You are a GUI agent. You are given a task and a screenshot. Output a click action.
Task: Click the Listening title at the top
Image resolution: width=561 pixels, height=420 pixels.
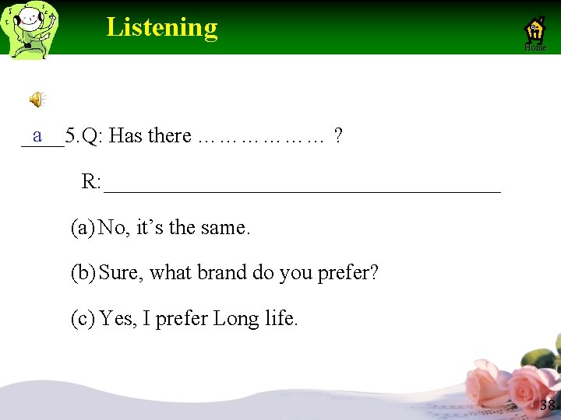162,27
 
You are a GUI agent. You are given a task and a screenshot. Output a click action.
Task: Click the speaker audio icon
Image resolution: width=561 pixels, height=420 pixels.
37,99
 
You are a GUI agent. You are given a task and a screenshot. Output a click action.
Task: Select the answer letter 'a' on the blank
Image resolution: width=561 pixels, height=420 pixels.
37,135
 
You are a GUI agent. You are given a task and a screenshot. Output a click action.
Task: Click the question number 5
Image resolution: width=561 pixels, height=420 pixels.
72,136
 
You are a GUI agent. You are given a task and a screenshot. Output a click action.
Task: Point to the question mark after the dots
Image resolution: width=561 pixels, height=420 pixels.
337,136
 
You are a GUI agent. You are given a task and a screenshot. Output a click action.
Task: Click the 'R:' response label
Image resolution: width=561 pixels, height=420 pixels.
91,183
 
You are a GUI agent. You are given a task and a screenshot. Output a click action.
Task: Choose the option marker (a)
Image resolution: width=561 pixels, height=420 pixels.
83,228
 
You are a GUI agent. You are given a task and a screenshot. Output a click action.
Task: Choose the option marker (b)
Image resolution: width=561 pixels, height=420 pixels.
83,273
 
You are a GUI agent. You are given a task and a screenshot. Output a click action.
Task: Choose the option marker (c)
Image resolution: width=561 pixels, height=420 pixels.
83,318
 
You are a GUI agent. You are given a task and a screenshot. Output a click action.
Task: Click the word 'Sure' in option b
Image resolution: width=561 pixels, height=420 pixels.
118,273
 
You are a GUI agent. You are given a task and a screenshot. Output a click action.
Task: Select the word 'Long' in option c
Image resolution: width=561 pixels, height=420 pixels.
235,318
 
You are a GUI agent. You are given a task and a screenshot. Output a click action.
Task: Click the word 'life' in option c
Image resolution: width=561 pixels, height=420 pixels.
280,318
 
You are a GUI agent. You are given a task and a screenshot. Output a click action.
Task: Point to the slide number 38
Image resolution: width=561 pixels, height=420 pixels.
547,404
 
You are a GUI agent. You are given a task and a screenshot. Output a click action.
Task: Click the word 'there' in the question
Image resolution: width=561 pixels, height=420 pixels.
169,136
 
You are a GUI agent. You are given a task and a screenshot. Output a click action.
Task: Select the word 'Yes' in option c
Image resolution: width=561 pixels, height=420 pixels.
117,318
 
